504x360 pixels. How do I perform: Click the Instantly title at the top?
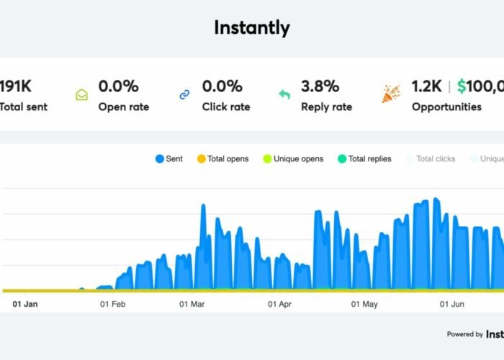click(252, 28)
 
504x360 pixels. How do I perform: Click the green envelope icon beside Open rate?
click(82, 94)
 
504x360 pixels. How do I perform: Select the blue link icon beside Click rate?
click(185, 94)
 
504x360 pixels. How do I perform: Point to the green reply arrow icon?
click(284, 94)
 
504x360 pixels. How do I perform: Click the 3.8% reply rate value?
click(320, 86)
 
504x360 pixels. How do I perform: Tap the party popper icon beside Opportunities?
click(391, 94)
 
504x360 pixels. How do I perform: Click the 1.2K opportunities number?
click(426, 86)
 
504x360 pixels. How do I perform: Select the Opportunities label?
click(446, 107)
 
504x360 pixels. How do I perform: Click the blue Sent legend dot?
click(159, 158)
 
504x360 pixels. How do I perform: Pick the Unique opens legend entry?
click(293, 158)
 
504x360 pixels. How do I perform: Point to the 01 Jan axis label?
click(25, 305)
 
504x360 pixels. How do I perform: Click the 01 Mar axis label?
click(192, 305)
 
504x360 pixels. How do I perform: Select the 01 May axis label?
click(364, 305)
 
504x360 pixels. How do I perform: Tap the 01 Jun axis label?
click(451, 305)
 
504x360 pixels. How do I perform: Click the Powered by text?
click(464, 334)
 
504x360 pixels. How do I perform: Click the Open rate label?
click(124, 107)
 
